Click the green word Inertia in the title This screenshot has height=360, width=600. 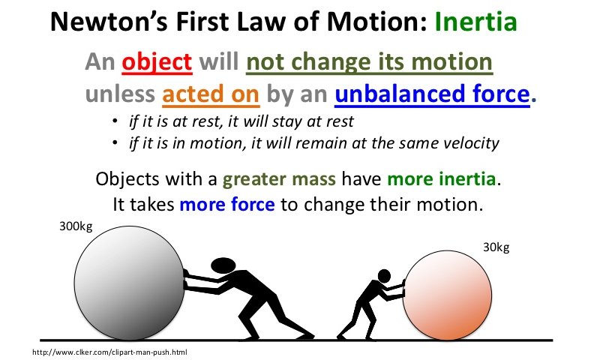pos(475,22)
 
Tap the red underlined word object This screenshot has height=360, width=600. pos(157,63)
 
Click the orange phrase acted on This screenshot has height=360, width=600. pos(211,94)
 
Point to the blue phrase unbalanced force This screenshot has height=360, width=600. pos(432,94)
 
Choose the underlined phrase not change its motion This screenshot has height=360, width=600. pos(369,62)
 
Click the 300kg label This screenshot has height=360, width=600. pos(76,226)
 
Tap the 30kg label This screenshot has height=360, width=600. pos(496,247)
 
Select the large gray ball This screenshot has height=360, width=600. pos(129,283)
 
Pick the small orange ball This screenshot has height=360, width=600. pos(447,295)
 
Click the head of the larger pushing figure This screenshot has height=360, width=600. pos(223,265)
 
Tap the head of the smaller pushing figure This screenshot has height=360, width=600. pos(384,276)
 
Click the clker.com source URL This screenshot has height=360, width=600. pos(109,352)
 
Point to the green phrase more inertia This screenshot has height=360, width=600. pos(442,179)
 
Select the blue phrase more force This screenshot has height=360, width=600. pos(227,204)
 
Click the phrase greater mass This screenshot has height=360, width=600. pos(279,179)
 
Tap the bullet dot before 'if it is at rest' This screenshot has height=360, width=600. pos(115,121)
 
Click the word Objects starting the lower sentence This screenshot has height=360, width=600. pos(127,179)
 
